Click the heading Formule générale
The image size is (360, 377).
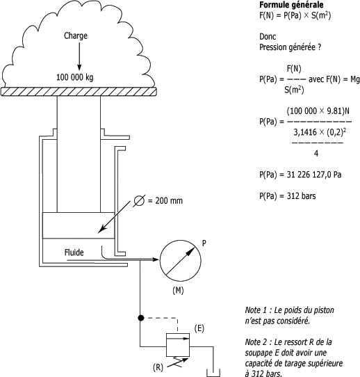coord(291,5)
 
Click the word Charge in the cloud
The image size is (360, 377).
coord(76,36)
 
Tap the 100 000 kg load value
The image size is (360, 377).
coord(74,77)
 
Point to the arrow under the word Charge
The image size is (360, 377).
coord(79,56)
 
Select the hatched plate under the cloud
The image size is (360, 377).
coord(79,92)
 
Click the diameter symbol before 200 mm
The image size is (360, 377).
coord(139,201)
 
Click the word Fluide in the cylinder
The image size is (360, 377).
coord(74,252)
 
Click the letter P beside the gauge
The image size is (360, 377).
coord(204,243)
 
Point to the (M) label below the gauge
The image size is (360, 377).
coord(178,291)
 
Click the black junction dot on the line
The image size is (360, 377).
coord(141,318)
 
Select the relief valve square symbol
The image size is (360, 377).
coord(178,345)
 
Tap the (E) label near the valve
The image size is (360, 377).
coord(199,328)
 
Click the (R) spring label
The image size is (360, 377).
coord(158,367)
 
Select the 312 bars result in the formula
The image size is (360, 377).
coord(301,196)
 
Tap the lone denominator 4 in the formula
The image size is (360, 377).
coord(316,154)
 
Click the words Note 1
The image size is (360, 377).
coord(256,310)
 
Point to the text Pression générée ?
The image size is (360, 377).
coord(290,47)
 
